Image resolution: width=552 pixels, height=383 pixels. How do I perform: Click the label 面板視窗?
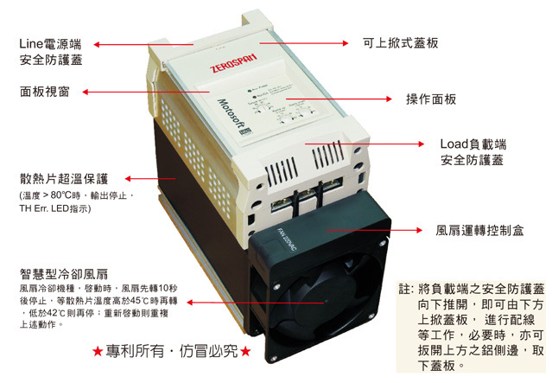45,90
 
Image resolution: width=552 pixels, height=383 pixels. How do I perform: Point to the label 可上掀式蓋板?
404,42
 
